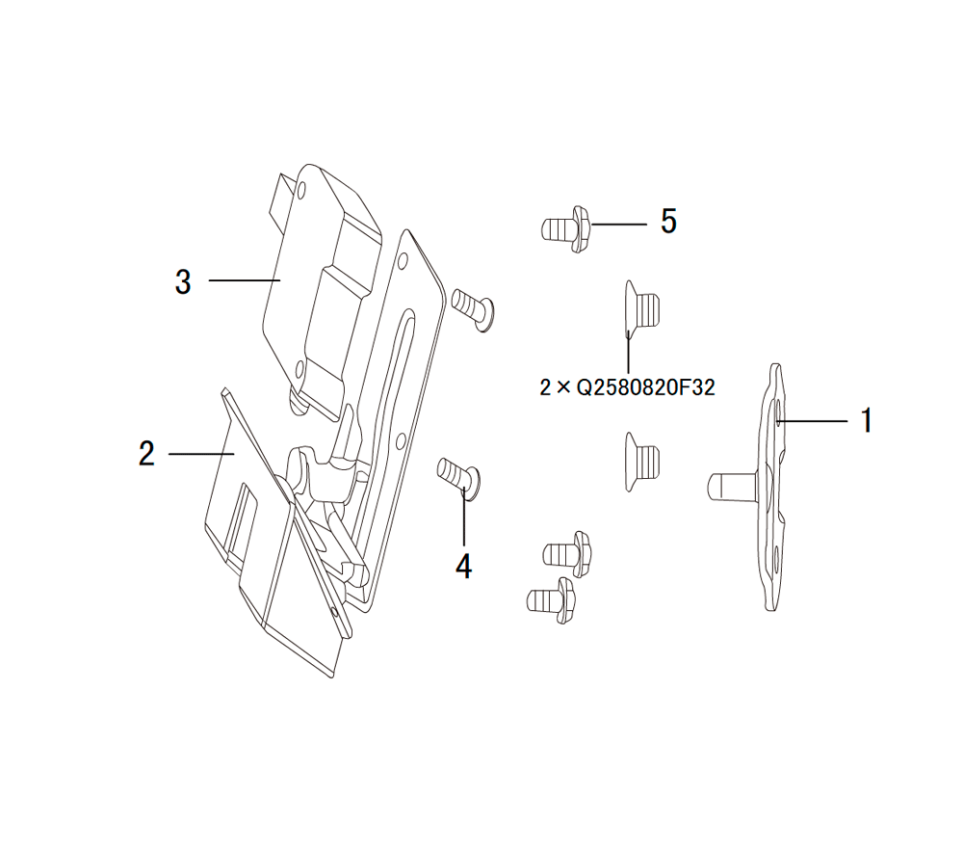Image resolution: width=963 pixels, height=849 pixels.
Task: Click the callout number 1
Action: point(866,420)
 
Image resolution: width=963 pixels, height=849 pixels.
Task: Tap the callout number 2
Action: point(146,454)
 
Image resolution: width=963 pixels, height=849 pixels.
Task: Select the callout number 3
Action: point(183,282)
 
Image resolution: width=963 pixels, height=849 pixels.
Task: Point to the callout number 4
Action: point(464,567)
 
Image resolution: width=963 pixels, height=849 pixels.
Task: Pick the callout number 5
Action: point(669,221)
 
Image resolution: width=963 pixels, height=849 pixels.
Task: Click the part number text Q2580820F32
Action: point(646,388)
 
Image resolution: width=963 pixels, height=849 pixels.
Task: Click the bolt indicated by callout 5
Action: point(565,228)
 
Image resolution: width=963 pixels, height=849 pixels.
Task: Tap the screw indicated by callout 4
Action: point(458,478)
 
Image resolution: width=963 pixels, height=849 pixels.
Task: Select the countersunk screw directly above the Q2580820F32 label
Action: point(641,310)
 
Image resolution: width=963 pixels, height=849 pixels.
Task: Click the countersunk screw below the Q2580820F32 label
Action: point(641,462)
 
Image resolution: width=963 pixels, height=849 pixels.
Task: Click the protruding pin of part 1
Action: point(734,486)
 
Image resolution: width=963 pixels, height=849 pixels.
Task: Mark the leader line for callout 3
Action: point(245,280)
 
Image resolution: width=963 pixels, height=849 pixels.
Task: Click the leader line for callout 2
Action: point(201,454)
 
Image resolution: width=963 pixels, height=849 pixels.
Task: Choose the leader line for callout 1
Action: point(812,421)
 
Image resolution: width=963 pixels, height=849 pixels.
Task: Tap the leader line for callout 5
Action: point(619,225)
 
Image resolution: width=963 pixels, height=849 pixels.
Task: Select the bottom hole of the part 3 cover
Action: point(299,370)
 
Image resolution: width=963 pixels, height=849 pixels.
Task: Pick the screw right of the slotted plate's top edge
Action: point(473,309)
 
